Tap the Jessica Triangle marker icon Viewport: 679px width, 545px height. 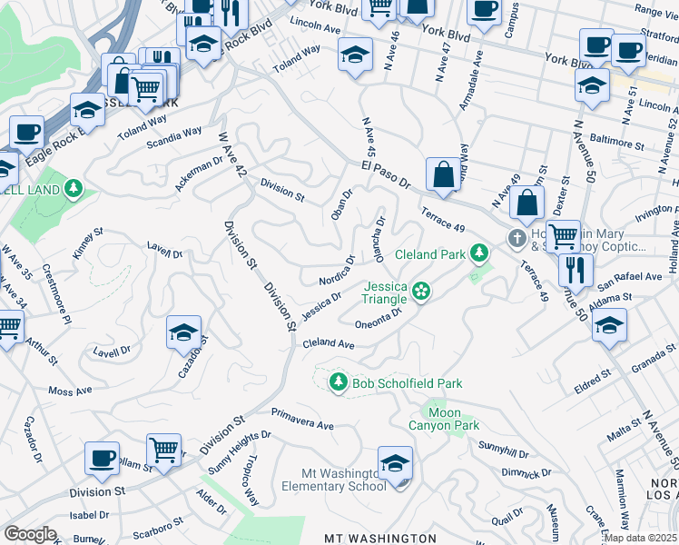coord(420,291)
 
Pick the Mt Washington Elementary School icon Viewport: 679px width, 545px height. coord(395,465)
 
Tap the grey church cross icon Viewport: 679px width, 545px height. coord(517,238)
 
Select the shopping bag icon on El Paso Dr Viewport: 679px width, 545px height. coord(442,175)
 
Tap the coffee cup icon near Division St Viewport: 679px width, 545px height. coord(103,457)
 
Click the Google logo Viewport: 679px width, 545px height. coord(29,534)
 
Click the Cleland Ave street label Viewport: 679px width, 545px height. coord(328,344)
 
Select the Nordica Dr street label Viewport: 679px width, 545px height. coord(334,272)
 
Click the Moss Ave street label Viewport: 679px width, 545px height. coord(70,391)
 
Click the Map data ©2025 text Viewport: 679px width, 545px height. coord(639,538)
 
